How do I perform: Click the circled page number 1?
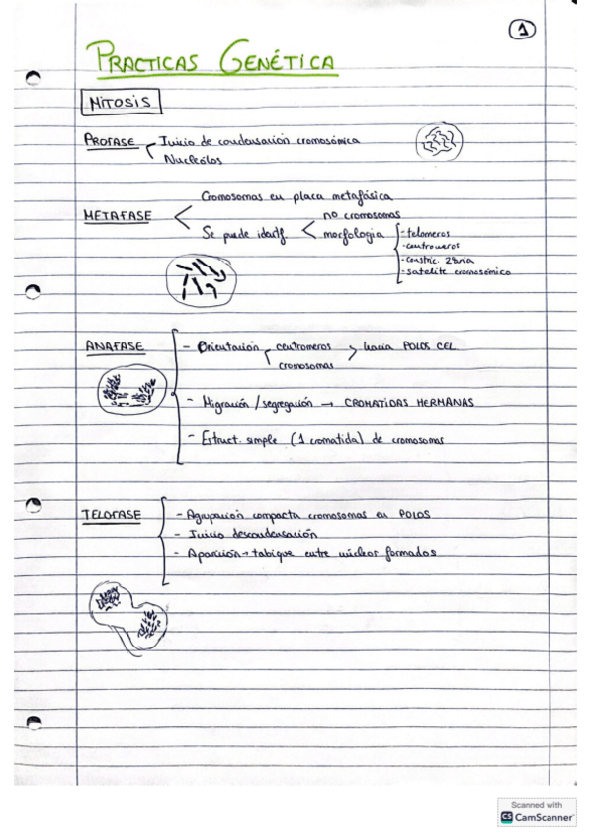click(522, 32)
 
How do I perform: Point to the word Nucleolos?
click(192, 158)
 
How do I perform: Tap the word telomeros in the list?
click(427, 233)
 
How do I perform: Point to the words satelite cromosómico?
click(459, 271)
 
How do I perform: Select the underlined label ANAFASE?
click(115, 346)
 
